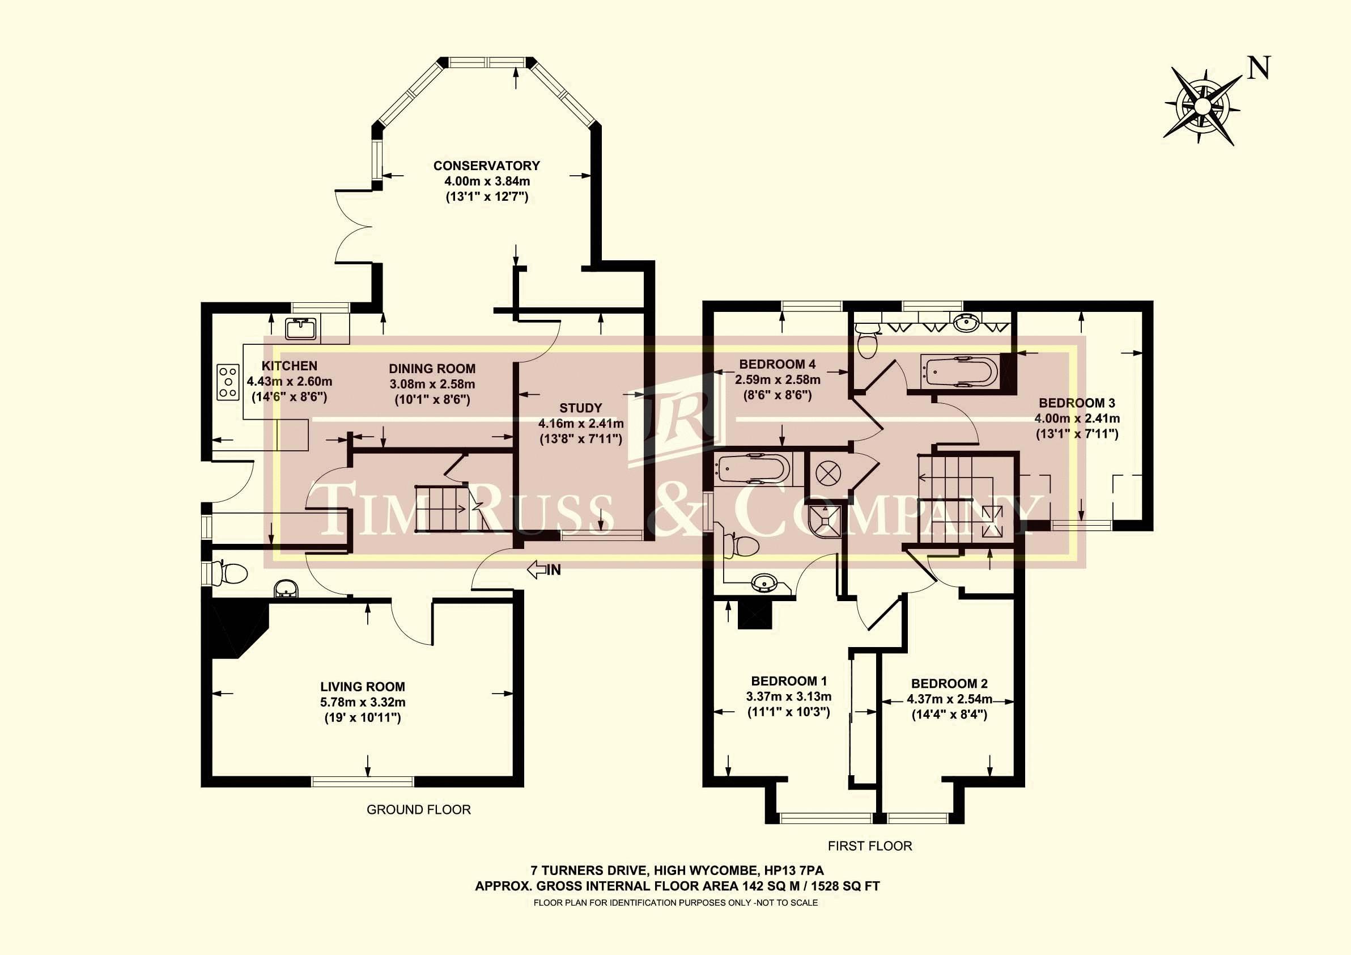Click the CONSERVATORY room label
coord(487,166)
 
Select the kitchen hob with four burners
coord(229,382)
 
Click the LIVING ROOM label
coord(363,687)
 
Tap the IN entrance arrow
coord(544,569)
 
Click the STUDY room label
coord(581,408)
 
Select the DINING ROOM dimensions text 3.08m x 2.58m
coord(432,384)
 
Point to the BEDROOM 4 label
coord(778,365)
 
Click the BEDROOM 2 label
coord(949,683)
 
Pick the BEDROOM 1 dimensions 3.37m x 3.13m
coord(788,696)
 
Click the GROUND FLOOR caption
coord(418,810)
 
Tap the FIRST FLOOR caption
coord(870,846)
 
